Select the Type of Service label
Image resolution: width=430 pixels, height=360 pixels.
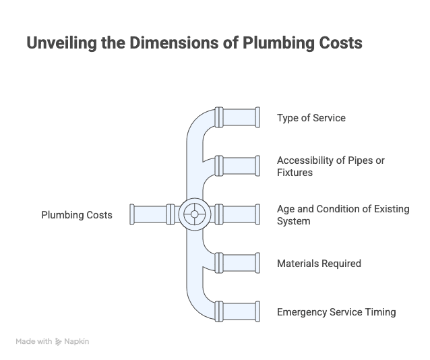coord(311,118)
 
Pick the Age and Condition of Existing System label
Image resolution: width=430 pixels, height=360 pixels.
coord(343,214)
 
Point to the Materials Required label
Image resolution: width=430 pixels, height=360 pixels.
coord(319,263)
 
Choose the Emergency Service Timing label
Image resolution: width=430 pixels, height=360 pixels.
coord(336,311)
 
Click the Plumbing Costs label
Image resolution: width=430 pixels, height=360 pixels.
coord(77,215)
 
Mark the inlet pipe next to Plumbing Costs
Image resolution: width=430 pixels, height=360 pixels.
coord(152,214)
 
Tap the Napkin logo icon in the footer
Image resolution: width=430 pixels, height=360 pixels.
coord(59,342)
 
